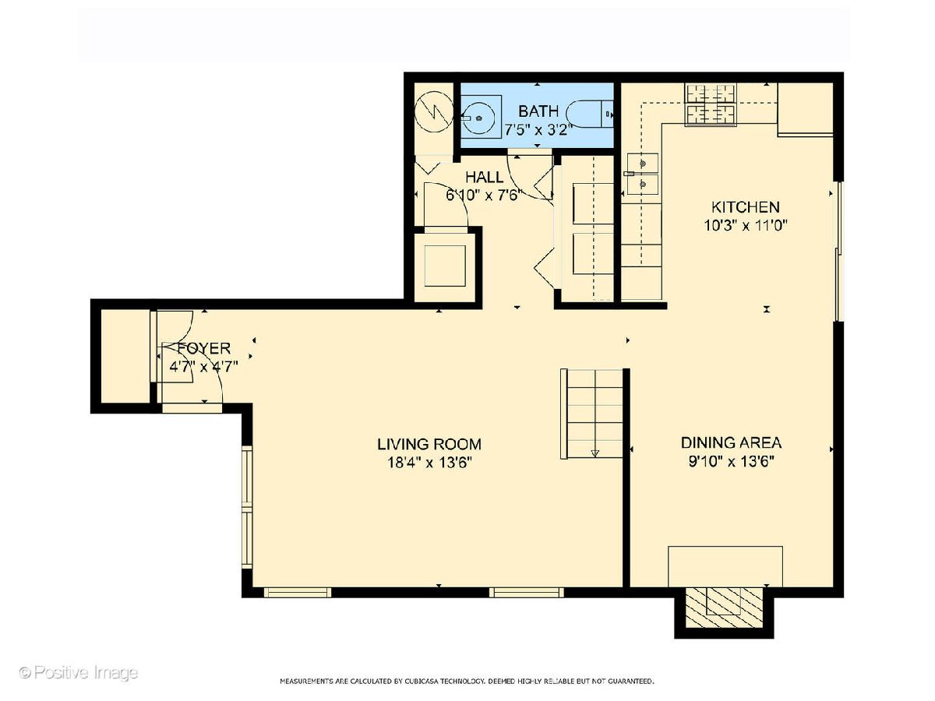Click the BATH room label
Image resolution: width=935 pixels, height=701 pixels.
pos(538,111)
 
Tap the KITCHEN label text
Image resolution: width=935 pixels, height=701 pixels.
pos(746,207)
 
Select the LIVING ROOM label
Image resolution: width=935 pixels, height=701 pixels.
pos(429,444)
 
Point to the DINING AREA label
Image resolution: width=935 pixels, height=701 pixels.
pos(731,443)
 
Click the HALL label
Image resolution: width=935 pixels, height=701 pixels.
pos(485,177)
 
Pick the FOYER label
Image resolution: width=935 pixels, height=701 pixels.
pos(204,349)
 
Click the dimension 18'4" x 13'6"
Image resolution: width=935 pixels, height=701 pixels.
pos(429,463)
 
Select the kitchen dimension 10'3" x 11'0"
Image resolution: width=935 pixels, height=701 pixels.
pos(745,225)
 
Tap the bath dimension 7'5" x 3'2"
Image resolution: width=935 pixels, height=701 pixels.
pos(538,129)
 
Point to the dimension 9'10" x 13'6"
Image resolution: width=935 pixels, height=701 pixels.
pos(731,461)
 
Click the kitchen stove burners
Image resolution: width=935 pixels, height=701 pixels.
pos(711,104)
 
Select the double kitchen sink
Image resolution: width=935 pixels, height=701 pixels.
pos(642,174)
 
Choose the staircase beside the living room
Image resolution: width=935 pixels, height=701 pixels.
pos(591,414)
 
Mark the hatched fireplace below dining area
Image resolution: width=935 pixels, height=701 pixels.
pos(723,612)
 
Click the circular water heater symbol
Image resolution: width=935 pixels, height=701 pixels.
pos(434,112)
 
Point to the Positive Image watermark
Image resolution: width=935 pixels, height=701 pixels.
pos(79,672)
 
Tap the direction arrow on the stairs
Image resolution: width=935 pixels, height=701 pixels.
pos(595,453)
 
